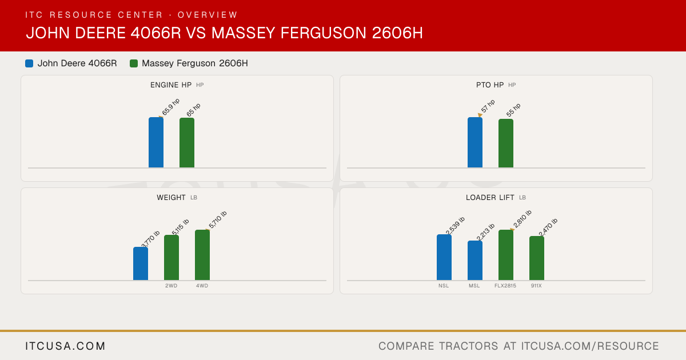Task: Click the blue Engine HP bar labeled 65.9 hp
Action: point(156,142)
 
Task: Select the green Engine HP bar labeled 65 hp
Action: point(187,143)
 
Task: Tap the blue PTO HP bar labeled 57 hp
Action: point(475,142)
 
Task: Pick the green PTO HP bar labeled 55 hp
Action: point(506,143)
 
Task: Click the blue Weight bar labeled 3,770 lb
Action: point(141,263)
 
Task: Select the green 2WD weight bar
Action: point(171,258)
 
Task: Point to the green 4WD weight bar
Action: point(202,255)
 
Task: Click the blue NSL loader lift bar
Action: point(444,257)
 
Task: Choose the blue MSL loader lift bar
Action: point(475,260)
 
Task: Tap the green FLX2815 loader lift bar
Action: point(506,255)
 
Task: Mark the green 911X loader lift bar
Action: point(537,258)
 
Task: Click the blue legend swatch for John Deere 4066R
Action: point(29,63)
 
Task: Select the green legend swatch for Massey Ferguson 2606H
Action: point(134,63)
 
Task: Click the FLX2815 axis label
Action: point(505,286)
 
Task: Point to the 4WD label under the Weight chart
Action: point(202,286)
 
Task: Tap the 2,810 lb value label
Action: point(523,219)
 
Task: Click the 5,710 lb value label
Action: point(218,219)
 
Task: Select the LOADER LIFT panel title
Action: point(490,198)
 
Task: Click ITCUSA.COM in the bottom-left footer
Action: point(65,346)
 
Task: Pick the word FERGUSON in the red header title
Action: point(324,33)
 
